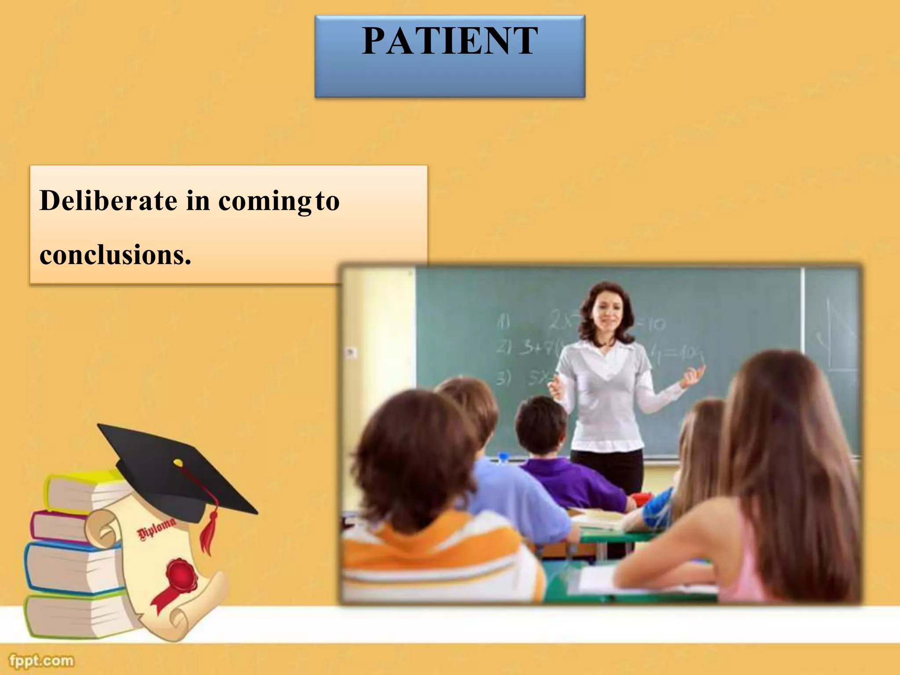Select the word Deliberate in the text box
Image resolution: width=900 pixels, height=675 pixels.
click(x=108, y=201)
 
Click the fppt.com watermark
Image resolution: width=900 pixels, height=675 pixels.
click(x=41, y=660)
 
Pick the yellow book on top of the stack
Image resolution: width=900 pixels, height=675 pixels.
click(x=83, y=490)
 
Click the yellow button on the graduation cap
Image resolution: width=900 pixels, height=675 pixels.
click(x=178, y=463)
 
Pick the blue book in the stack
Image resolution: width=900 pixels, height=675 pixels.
click(x=66, y=567)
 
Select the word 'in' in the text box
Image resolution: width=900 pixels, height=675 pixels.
click(x=198, y=201)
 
